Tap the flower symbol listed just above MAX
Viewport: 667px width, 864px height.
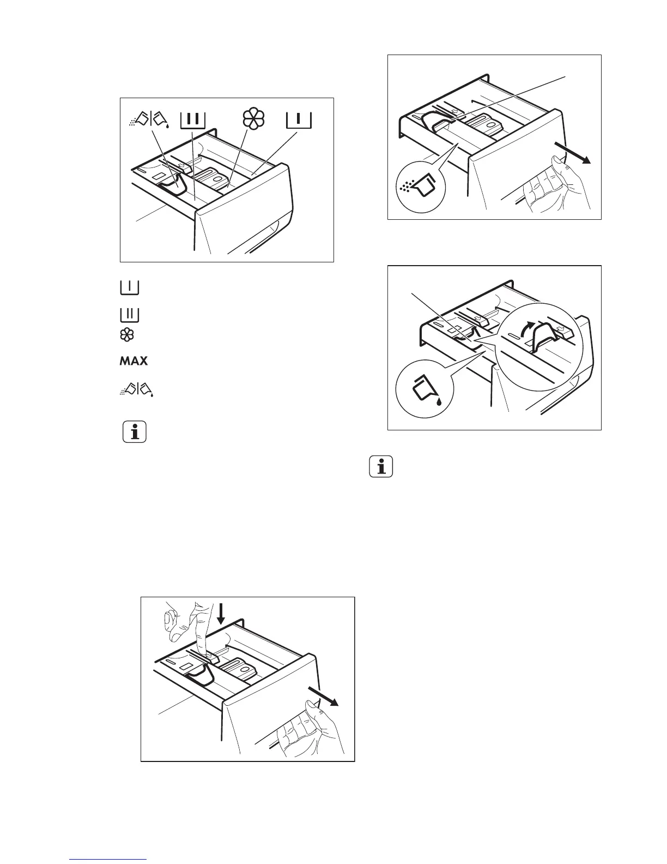[127, 335]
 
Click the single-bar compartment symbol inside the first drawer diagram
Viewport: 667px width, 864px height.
[298, 119]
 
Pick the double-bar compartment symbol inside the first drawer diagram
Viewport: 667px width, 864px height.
[193, 120]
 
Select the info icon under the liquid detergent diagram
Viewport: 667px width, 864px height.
[381, 467]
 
